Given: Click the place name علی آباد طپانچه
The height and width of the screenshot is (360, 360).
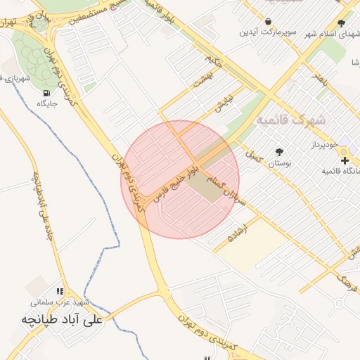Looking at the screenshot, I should tap(62, 319).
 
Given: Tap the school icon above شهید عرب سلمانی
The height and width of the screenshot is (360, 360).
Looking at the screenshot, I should tap(61, 291).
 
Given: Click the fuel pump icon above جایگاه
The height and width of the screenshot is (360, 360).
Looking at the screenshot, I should tap(46, 93).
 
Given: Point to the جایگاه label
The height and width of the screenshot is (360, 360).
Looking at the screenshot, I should tap(46, 103).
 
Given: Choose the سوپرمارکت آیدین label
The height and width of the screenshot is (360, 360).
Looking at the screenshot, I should tap(268, 32).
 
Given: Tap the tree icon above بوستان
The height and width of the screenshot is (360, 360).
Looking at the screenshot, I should tap(280, 152).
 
